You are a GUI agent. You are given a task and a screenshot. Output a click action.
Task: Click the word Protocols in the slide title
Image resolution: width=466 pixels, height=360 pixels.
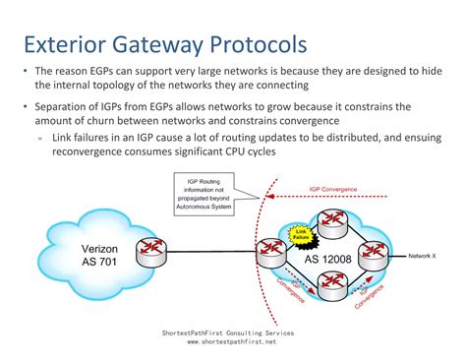(x=257, y=43)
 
